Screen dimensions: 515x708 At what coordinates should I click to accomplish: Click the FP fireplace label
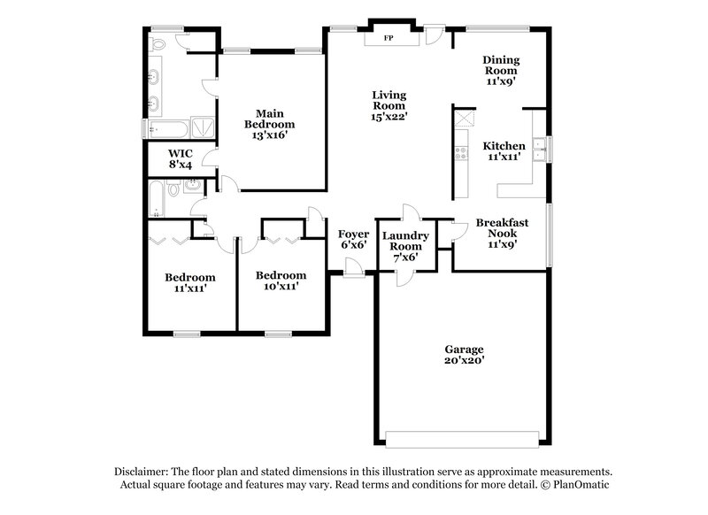pos(388,39)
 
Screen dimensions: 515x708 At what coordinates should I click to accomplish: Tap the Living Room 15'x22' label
pos(389,105)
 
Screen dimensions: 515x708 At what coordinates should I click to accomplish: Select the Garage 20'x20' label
pos(465,355)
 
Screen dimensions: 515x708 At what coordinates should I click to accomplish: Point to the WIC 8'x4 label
pos(181,159)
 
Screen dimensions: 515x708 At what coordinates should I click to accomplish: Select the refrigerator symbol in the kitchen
pos(462,119)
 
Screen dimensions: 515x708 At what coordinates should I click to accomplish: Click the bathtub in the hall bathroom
pos(157,199)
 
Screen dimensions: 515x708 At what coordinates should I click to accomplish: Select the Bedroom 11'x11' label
pos(189,283)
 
